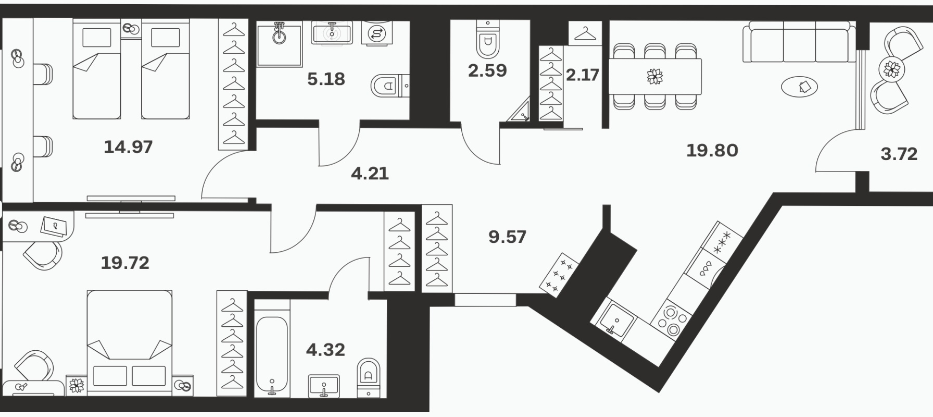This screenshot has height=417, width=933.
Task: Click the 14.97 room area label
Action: point(128,147)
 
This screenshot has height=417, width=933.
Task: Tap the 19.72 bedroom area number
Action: point(125,263)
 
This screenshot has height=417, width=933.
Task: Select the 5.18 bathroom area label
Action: point(326,79)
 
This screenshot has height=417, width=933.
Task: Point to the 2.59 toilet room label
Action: point(487,70)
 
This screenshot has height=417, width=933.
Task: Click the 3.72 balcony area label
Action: point(899,154)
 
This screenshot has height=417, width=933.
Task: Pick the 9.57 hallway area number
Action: point(507,237)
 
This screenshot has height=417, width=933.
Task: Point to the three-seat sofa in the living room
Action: point(799,42)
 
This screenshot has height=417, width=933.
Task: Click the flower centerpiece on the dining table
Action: point(655,77)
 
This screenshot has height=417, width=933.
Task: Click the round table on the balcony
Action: point(892,69)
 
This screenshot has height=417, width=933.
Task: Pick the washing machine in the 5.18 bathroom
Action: point(376,33)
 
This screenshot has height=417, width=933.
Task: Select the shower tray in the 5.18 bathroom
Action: point(280,44)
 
